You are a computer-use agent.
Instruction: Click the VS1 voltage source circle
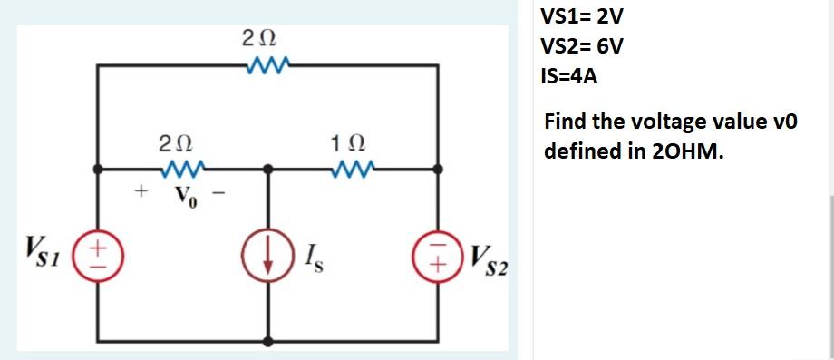(x=99, y=251)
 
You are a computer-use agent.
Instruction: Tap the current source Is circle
(x=268, y=252)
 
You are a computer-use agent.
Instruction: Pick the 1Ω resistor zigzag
(x=354, y=169)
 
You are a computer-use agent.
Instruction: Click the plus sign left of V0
(x=141, y=191)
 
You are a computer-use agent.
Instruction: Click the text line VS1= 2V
(x=581, y=17)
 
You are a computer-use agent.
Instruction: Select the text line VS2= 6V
(x=581, y=46)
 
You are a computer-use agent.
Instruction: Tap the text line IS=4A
(x=568, y=76)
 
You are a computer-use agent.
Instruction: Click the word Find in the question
(x=565, y=122)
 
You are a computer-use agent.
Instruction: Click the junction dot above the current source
(x=268, y=169)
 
